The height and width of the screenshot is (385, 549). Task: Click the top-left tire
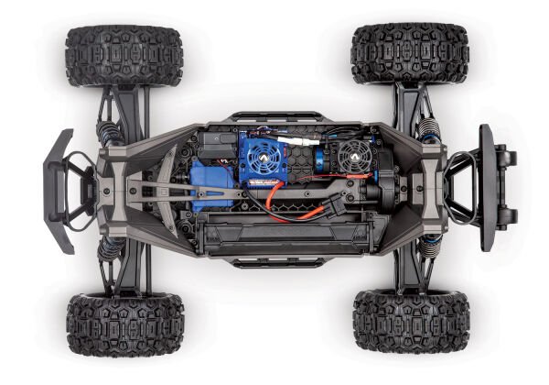click(x=124, y=57)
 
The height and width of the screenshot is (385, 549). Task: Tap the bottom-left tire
click(x=124, y=324)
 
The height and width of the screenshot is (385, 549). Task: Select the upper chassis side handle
click(x=275, y=117)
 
